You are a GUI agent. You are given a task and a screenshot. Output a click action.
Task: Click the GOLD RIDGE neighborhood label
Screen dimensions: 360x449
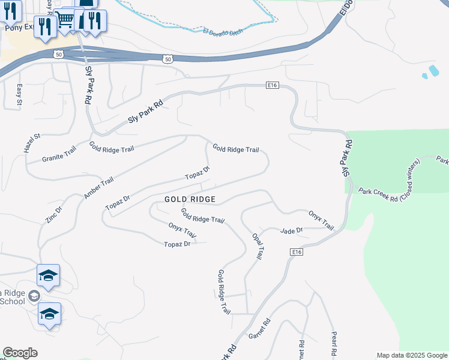pos(190,199)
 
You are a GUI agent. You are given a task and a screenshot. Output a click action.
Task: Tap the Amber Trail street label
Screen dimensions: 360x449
pos(99,190)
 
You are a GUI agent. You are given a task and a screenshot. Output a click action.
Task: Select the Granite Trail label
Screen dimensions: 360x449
pos(59,155)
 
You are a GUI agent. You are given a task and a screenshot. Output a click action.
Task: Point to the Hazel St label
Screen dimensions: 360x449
pos(32,143)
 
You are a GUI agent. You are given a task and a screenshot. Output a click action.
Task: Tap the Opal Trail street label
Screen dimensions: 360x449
pos(257,246)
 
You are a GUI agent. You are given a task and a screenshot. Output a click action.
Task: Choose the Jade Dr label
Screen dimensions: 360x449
pos(292,230)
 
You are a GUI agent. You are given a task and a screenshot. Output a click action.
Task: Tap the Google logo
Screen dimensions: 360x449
pos(20,353)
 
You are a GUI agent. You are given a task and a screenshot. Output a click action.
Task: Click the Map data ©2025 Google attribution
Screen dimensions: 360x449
pos(412,355)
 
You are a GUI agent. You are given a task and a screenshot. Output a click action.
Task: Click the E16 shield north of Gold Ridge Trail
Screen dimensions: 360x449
pos(273,85)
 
